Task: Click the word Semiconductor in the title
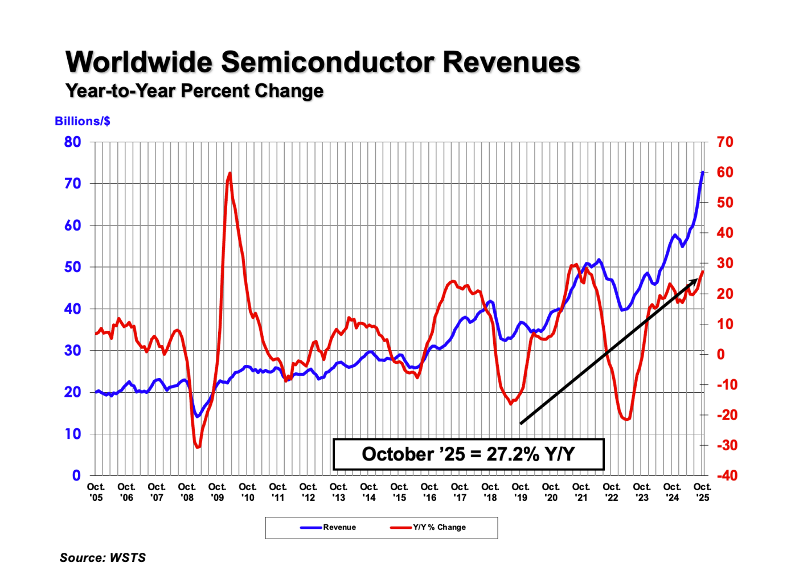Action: (x=327, y=62)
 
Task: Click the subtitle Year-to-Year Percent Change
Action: (x=194, y=91)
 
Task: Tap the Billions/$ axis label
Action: (x=82, y=121)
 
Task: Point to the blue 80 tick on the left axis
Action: (x=72, y=142)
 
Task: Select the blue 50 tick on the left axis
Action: (x=72, y=267)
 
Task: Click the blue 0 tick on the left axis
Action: (x=76, y=475)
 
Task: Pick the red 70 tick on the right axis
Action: (x=725, y=142)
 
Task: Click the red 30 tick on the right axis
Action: (x=725, y=264)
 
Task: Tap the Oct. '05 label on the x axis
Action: (x=96, y=492)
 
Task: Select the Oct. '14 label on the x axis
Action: (x=369, y=492)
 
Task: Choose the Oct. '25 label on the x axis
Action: (x=702, y=492)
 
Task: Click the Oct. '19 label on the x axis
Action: (x=521, y=492)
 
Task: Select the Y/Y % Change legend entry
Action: (x=439, y=527)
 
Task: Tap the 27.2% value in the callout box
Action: (x=513, y=454)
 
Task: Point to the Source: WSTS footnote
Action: (x=103, y=557)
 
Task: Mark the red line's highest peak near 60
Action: (x=230, y=173)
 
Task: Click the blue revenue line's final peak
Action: (x=703, y=172)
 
